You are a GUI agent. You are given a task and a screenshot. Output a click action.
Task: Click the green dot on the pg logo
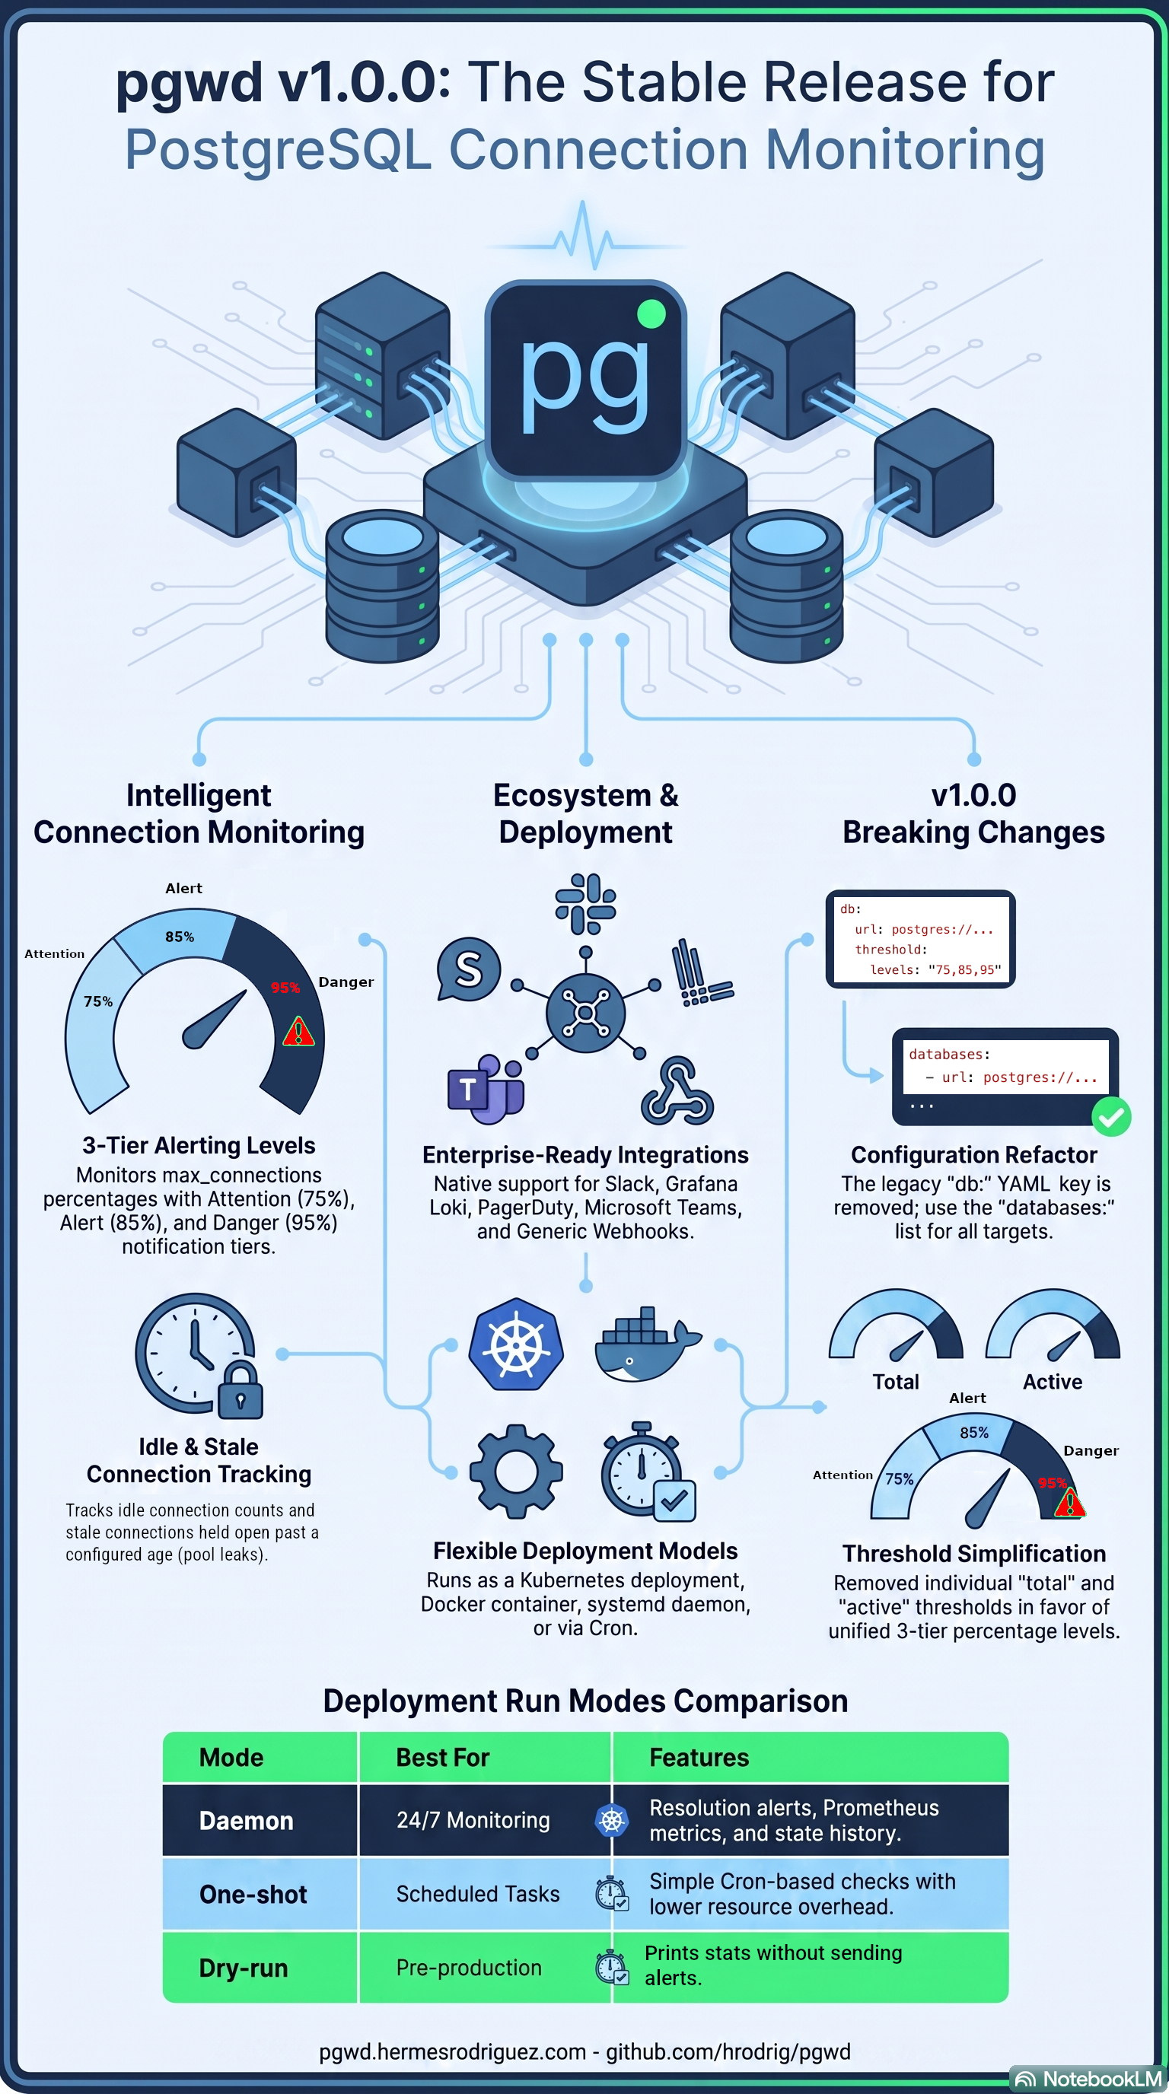pos(651,313)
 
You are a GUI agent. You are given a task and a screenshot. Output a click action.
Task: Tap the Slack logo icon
pos(585,903)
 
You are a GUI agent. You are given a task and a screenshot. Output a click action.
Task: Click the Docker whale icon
pos(647,1344)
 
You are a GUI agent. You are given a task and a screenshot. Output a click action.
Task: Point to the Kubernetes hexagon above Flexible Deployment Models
pos(516,1345)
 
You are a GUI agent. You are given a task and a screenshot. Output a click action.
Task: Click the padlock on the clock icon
pos(240,1391)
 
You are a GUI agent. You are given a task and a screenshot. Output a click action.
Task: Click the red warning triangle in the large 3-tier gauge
pos(298,1031)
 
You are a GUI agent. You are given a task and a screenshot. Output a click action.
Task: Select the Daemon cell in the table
pos(247,1820)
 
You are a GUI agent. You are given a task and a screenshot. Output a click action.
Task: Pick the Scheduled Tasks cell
pos(478,1894)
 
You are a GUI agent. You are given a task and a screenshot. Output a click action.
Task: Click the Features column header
pos(699,1758)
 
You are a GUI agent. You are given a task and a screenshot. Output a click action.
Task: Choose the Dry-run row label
pos(244,1968)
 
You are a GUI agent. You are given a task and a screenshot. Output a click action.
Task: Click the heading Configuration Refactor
pos(974,1154)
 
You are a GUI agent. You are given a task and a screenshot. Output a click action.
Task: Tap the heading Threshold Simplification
pos(974,1554)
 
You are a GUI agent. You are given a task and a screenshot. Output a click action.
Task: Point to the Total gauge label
pos(896,1382)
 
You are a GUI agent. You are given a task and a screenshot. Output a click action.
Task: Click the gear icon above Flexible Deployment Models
pos(516,1472)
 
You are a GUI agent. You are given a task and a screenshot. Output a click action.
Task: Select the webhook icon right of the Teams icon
pos(677,1090)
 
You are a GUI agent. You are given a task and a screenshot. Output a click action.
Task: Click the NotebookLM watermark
pos(1089,2079)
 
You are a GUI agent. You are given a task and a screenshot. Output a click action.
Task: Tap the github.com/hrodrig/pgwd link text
pos(728,2051)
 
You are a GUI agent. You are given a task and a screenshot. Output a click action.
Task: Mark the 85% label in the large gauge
pos(180,937)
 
